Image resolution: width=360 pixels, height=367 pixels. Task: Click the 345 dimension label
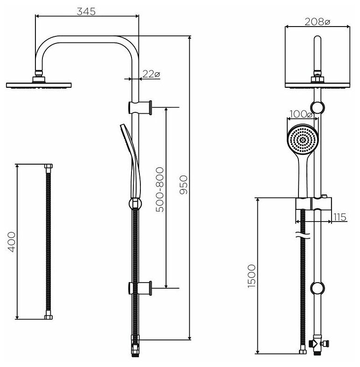87,11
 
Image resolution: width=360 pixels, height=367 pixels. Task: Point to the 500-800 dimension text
159,190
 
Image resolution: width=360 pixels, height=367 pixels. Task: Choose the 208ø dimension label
317,21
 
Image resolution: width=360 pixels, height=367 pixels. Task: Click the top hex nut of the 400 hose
49,166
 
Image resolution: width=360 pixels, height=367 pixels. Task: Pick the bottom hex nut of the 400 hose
49,317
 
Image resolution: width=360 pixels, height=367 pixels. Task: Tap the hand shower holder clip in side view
135,204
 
